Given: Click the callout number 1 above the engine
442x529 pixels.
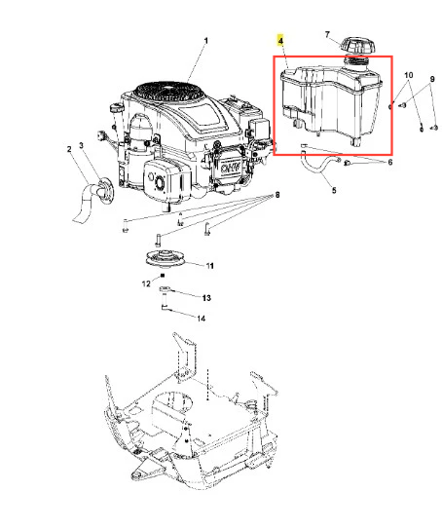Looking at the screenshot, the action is (x=206, y=41).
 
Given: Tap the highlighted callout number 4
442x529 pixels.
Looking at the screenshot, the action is (x=280, y=41).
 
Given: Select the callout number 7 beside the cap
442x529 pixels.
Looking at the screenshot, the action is (x=327, y=35).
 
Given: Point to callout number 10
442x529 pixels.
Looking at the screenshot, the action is (x=408, y=75).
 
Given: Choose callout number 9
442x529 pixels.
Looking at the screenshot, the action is (x=432, y=79).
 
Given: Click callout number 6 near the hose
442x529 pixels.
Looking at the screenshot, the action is (x=390, y=163).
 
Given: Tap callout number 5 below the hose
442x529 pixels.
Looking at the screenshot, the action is (x=334, y=190).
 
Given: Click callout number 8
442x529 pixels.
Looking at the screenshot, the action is (x=277, y=195).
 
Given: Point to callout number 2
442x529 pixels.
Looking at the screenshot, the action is (x=69, y=149).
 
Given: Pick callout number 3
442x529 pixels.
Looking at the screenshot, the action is (x=81, y=145).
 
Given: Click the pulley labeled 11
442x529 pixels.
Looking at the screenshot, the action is (x=165, y=258).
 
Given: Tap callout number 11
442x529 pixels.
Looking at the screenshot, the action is (x=209, y=266).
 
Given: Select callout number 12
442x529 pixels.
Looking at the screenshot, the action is (x=146, y=283).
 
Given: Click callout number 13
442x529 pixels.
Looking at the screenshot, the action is (x=206, y=298).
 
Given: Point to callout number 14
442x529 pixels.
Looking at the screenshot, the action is (x=201, y=319).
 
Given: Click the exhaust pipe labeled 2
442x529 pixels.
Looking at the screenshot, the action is (x=84, y=203).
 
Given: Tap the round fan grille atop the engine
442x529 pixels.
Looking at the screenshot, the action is (x=168, y=92).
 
